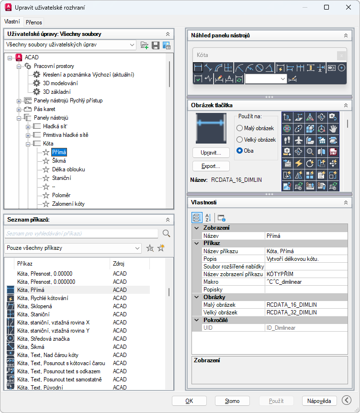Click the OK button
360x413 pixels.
[189, 401]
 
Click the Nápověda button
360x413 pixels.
[319, 401]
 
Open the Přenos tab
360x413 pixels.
[34, 22]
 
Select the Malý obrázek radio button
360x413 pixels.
[239, 128]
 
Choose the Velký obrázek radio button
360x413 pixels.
[239, 140]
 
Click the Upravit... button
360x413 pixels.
[211, 153]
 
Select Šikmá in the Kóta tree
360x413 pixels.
[59, 161]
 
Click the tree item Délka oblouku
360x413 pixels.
[68, 169]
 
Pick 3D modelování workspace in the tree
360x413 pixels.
[60, 83]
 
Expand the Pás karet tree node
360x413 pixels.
[19, 109]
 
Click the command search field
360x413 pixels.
[81, 234]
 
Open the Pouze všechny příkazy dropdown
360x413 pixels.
[73, 248]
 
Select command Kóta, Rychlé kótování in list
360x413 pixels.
[43, 298]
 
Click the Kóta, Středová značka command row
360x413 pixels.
[44, 339]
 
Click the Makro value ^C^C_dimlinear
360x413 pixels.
[284, 282]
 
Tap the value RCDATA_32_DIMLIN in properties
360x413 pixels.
[292, 313]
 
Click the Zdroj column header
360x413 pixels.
[119, 264]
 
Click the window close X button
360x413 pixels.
[349, 7]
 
